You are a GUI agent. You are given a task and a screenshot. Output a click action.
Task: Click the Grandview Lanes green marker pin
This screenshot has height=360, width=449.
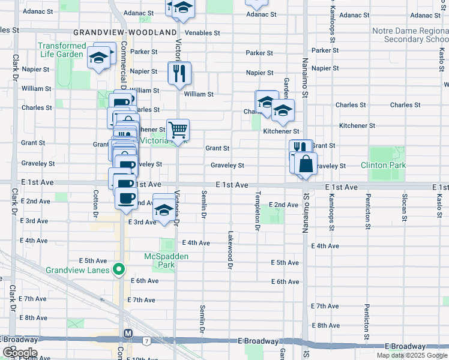pyautogui.click(x=119, y=269)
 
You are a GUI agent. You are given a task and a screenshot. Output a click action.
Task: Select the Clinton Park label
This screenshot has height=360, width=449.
pyautogui.click(x=383, y=165)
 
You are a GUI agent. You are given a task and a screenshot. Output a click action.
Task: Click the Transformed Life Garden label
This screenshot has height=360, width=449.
pyautogui.click(x=62, y=50)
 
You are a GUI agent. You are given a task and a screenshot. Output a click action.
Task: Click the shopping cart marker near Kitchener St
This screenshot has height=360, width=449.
pyautogui.click(x=178, y=128)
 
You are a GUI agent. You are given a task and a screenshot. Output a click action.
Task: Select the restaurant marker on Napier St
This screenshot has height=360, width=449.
pyautogui.click(x=179, y=73)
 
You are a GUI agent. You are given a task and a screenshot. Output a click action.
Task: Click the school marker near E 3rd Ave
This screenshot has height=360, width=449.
pyautogui.click(x=163, y=211)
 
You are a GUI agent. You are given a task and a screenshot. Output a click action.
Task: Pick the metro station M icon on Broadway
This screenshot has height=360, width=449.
pyautogui.click(x=128, y=333)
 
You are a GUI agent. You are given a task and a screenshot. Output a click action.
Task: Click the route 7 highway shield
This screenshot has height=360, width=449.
pyautogui.click(x=146, y=341)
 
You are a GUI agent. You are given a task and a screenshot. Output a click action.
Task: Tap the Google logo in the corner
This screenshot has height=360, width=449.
pyautogui.click(x=19, y=353)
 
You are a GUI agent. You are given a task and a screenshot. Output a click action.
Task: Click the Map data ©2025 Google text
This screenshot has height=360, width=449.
pyautogui.click(x=411, y=355)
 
